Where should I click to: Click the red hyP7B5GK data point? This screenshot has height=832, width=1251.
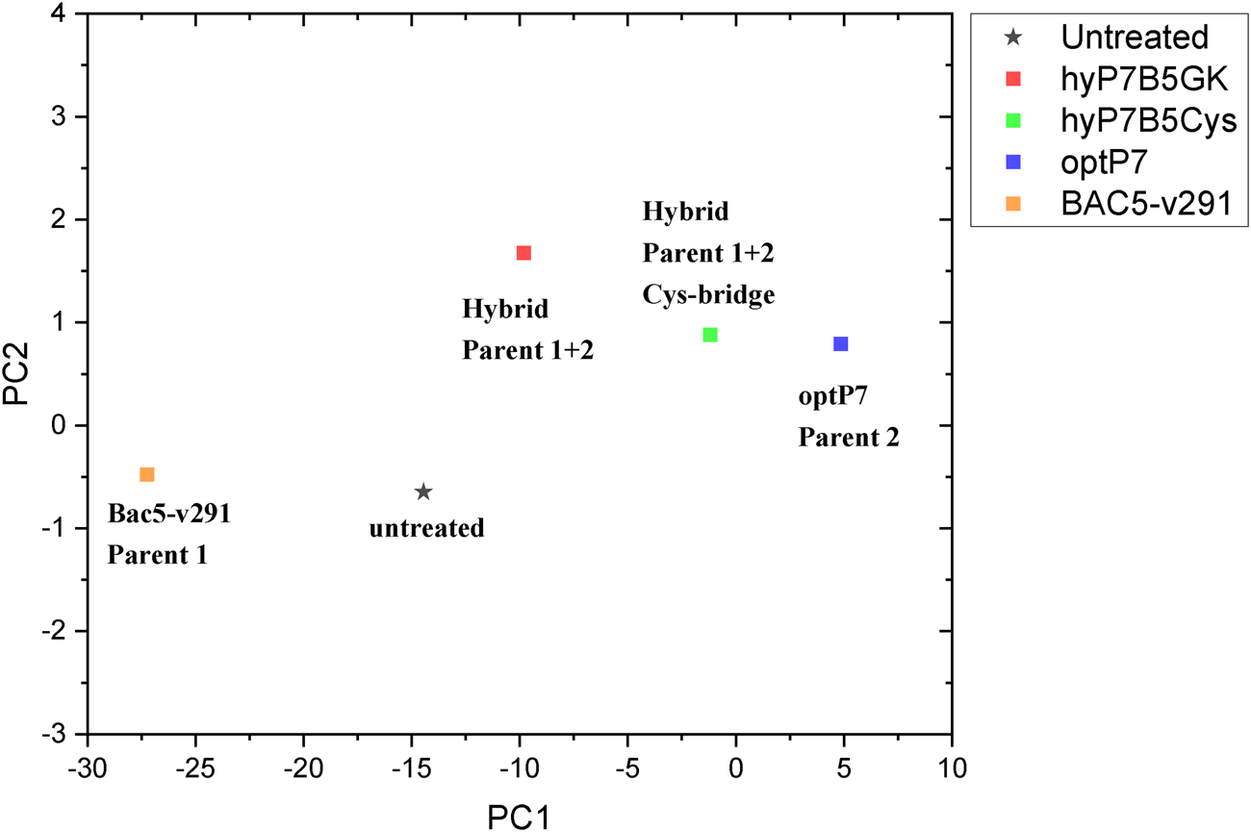click(523, 253)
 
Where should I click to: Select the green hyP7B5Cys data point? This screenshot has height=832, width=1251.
click(710, 335)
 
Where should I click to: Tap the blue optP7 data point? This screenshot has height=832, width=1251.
click(841, 344)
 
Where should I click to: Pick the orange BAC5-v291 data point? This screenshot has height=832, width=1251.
click(147, 474)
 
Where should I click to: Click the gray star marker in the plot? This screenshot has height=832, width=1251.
click(423, 492)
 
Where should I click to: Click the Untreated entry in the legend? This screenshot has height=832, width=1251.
click(1134, 38)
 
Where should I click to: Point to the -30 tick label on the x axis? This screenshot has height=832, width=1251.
click(88, 769)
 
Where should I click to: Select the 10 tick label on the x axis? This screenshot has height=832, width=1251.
click(951, 769)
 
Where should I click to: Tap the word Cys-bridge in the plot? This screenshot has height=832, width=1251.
click(708, 294)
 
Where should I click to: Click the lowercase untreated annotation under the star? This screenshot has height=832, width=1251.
click(426, 528)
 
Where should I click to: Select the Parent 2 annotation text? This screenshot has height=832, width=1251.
click(849, 438)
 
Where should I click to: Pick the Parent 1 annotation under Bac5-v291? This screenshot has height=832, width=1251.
click(157, 555)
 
